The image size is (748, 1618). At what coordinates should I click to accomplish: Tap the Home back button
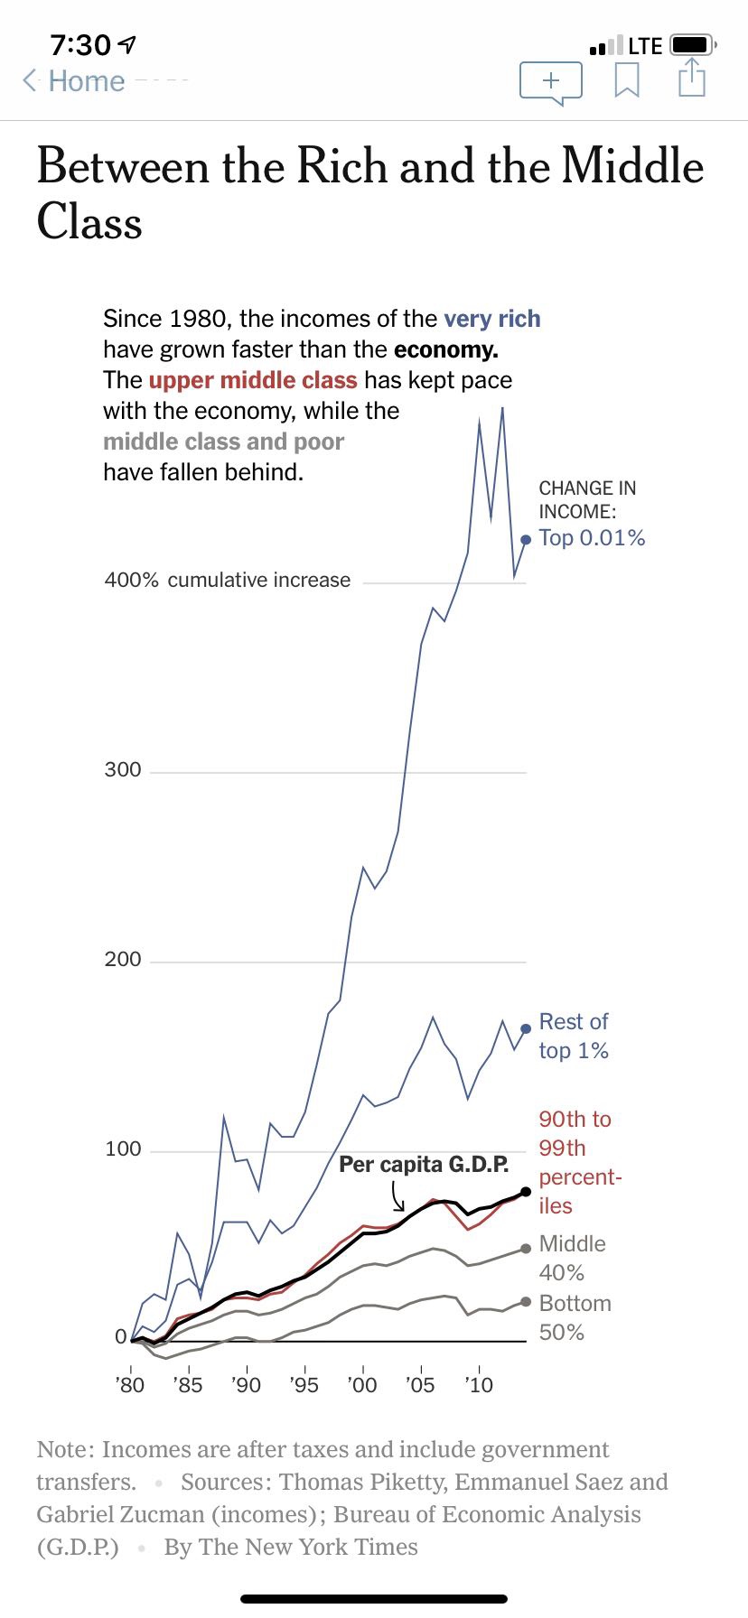pos(74,81)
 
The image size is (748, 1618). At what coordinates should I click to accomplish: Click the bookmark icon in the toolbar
pos(627,80)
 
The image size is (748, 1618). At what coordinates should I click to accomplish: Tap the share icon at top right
pos(691,78)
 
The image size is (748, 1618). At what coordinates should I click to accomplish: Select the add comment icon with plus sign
pos(551,82)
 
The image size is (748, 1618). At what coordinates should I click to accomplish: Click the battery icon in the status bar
pos(692,44)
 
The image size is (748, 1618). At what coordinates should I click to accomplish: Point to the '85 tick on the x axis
pos(188,1384)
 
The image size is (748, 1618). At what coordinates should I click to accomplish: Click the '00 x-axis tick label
pos(361,1384)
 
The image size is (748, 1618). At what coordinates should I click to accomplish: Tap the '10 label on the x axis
pos(478,1384)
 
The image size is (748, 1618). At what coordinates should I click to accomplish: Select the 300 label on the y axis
pos(123,769)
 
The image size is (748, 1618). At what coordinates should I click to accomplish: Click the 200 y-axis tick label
pos(123,959)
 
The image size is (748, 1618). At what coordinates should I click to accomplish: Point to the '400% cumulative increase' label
pos(228,580)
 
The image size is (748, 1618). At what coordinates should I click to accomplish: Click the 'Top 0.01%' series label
pos(592,538)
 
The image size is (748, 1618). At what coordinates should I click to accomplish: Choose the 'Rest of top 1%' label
pos(574,1036)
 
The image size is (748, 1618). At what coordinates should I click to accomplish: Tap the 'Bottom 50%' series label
pos(575,1317)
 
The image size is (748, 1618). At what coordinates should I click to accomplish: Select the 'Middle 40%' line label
pos(572,1258)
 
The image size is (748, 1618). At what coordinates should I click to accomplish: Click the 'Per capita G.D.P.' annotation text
pos(424,1164)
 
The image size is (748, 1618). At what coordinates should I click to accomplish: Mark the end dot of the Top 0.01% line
pos(526,539)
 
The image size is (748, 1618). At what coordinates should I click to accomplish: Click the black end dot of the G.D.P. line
pos(526,1192)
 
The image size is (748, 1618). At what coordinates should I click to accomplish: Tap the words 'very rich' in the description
pos(492,319)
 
